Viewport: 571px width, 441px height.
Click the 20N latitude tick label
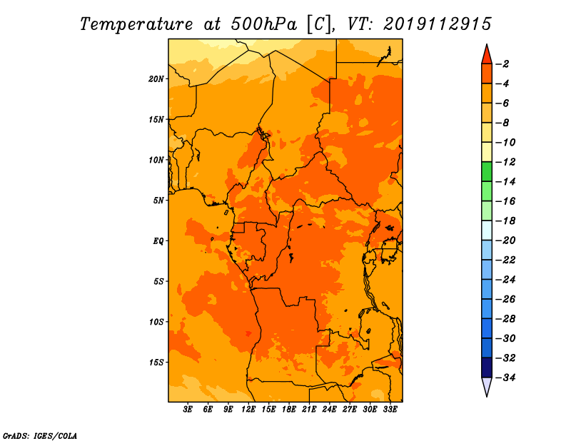pyautogui.click(x=156, y=79)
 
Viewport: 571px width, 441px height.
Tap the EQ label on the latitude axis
pyautogui.click(x=158, y=241)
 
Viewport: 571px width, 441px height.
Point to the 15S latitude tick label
pyautogui.click(x=156, y=363)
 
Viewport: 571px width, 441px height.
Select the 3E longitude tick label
pyautogui.click(x=188, y=410)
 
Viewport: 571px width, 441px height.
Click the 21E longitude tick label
pyautogui.click(x=309, y=410)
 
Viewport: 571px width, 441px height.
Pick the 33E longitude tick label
pyautogui.click(x=390, y=410)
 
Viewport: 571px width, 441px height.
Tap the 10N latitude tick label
pyautogui.click(x=156, y=160)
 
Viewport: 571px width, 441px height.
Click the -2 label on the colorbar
pyautogui.click(x=502, y=64)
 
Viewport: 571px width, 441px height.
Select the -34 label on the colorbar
pyautogui.click(x=506, y=377)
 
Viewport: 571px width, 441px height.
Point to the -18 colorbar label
pyautogui.click(x=506, y=221)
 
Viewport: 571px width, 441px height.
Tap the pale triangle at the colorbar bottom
pyautogui.click(x=487, y=387)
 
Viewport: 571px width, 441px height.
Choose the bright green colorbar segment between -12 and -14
pyautogui.click(x=487, y=172)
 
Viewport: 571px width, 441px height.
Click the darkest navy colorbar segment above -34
pyautogui.click(x=487, y=367)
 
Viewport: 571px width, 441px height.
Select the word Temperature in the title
pyautogui.click(x=136, y=25)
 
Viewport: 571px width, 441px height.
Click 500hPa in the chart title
pyautogui.click(x=264, y=24)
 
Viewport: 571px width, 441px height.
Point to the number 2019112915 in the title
pyautogui.click(x=438, y=24)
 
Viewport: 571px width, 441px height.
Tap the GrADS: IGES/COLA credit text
pyautogui.click(x=40, y=436)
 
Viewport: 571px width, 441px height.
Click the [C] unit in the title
pyautogui.click(x=319, y=24)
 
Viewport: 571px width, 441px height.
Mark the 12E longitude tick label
pyautogui.click(x=248, y=410)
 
